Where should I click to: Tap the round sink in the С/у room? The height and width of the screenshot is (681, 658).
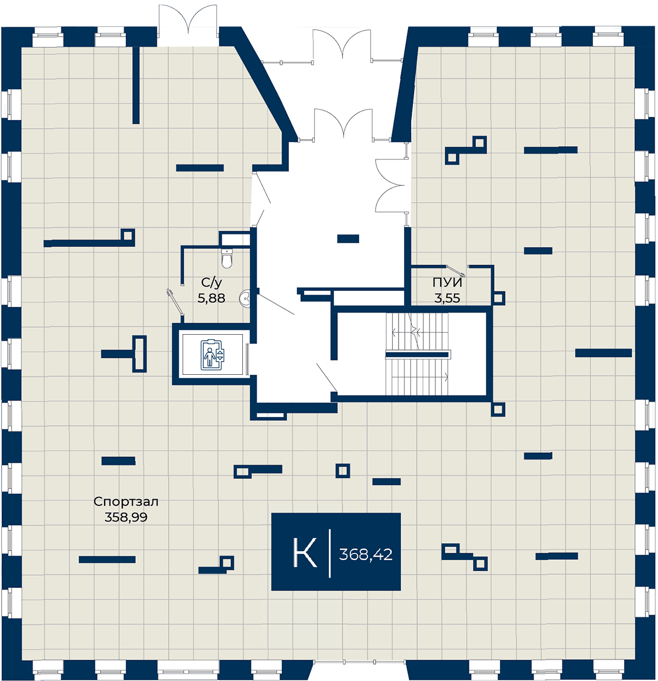pyautogui.click(x=245, y=298)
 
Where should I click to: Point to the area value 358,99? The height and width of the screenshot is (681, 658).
pyautogui.click(x=126, y=517)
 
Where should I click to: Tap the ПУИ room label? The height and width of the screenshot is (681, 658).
pyautogui.click(x=447, y=282)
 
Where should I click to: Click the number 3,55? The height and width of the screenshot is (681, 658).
pyautogui.click(x=447, y=298)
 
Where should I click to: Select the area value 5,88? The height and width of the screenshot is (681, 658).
pyautogui.click(x=211, y=298)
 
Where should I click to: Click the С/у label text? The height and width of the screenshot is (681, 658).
pyautogui.click(x=212, y=282)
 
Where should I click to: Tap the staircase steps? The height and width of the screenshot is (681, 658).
pyautogui.click(x=417, y=354)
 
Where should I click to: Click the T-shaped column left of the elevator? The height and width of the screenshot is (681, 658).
pyautogui.click(x=124, y=354)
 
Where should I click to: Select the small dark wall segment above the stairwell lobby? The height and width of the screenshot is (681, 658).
pyautogui.click(x=348, y=239)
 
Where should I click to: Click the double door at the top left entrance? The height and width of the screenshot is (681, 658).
pyautogui.click(x=188, y=20)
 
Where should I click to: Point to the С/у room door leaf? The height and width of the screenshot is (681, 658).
pyautogui.click(x=175, y=301)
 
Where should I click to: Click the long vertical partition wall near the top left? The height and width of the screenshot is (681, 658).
pyautogui.click(x=136, y=85)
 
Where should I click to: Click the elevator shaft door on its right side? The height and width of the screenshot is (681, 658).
pyautogui.click(x=247, y=359)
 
